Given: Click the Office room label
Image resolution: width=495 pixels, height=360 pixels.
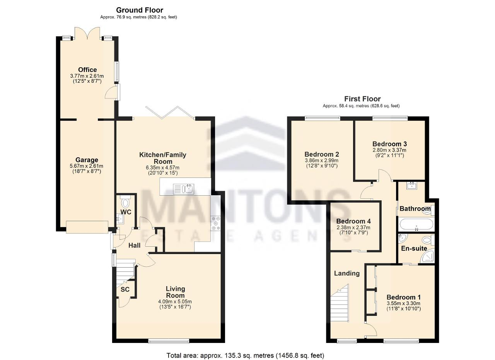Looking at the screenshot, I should [x=87, y=70].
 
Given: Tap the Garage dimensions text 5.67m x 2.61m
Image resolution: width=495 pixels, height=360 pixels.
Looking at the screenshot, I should [x=87, y=166].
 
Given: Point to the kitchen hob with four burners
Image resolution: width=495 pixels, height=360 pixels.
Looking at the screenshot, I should [x=215, y=224].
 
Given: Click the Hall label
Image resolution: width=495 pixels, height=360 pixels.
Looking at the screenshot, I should [x=135, y=246].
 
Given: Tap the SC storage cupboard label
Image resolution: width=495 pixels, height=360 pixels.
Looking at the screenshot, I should [x=125, y=290].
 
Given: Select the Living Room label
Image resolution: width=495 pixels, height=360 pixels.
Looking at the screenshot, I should [x=175, y=292].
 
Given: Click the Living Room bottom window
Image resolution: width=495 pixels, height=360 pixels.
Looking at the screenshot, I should [x=169, y=341].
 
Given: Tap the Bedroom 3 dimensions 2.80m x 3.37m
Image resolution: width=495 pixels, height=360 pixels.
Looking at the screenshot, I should [x=389, y=150].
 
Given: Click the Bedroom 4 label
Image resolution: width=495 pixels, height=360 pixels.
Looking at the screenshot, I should [x=353, y=221].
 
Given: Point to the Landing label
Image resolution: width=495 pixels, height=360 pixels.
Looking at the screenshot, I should [x=346, y=273].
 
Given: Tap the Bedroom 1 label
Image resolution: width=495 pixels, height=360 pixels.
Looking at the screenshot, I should [x=403, y=297].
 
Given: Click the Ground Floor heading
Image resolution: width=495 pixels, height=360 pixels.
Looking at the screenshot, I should [x=140, y=10].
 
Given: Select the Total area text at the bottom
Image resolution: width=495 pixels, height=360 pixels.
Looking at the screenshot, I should [x=245, y=355].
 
